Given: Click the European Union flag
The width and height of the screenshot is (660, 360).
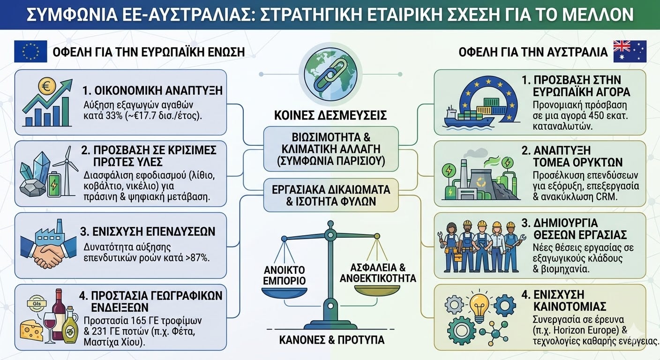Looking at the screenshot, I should tap(30, 51).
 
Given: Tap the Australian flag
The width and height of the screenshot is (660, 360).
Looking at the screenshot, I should tap(630, 51).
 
